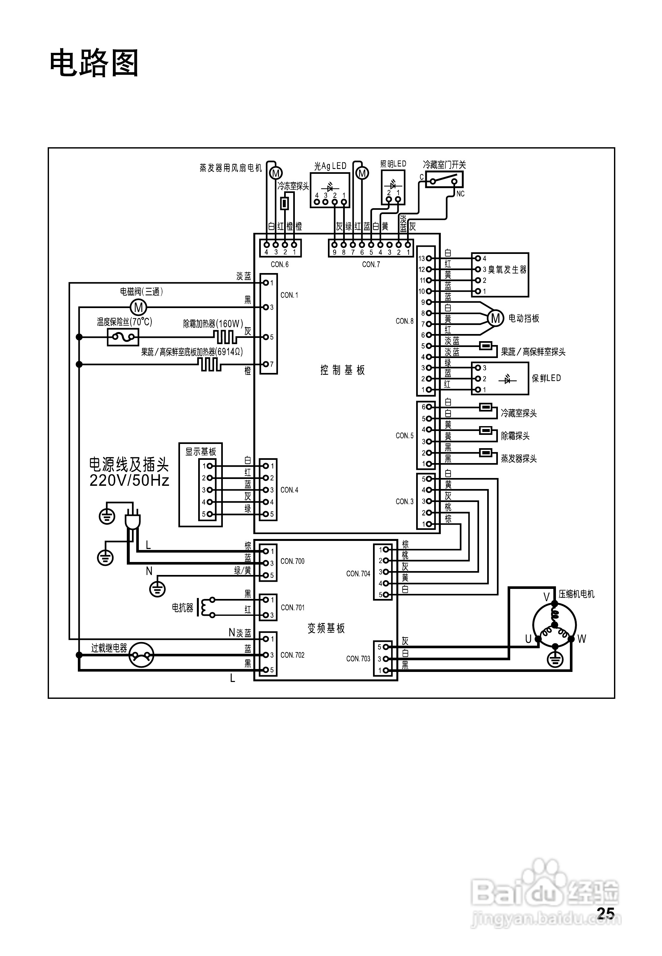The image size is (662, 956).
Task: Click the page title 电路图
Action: (94, 64)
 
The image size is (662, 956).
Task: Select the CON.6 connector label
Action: (280, 264)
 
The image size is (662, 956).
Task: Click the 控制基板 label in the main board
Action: (343, 370)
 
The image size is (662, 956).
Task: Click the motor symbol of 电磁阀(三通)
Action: (138, 307)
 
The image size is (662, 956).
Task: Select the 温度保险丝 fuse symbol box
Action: (123, 337)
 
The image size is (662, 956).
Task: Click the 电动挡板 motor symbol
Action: (495, 318)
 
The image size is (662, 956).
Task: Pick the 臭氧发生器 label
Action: (507, 269)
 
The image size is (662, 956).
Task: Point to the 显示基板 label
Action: (201, 452)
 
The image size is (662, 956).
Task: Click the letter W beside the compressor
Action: (582, 639)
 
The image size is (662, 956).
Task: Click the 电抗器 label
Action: (183, 608)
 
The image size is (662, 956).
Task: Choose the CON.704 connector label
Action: (358, 574)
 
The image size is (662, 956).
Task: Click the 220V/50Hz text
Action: (129, 481)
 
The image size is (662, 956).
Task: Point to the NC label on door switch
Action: (460, 194)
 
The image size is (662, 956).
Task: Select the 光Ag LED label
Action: (330, 166)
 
